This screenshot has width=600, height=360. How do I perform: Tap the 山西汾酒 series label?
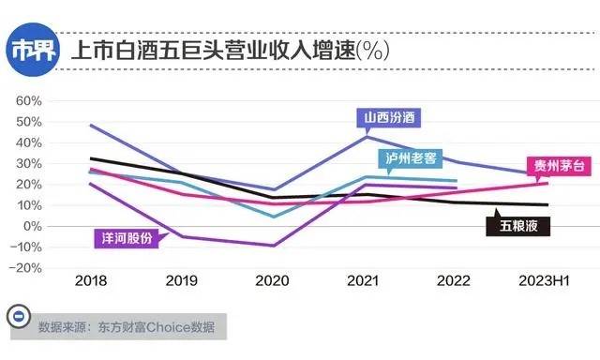387,117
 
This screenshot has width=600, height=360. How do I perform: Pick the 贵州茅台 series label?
557,165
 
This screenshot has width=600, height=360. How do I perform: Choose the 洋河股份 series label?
126,237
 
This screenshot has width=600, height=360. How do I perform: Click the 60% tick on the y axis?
31,101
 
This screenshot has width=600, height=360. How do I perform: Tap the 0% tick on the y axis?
35,226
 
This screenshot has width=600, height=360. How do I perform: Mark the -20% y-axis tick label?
29,267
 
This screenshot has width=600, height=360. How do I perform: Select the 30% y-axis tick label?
31,163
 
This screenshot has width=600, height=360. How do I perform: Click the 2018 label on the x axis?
90,281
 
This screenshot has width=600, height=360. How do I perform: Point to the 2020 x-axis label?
273,281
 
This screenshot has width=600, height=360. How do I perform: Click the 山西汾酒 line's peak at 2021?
366,137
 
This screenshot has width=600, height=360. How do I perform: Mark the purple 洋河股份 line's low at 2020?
273,246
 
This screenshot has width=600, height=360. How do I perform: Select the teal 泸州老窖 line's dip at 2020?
273,217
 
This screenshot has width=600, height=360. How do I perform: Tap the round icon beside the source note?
17,317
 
